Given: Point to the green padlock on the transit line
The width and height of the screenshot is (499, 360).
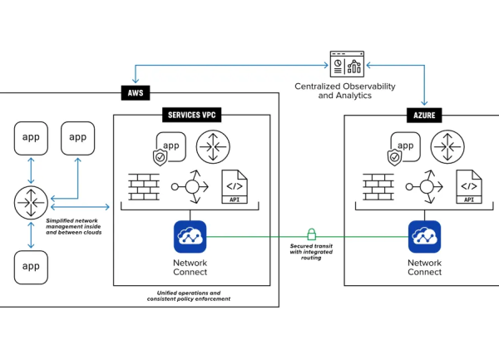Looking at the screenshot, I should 312,234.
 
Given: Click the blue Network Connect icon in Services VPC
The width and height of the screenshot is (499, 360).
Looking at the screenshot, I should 190,236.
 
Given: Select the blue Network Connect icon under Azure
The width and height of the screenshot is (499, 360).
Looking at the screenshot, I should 424,236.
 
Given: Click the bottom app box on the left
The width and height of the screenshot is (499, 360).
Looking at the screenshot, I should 31,266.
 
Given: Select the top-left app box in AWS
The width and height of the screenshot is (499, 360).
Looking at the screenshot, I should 31,136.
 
